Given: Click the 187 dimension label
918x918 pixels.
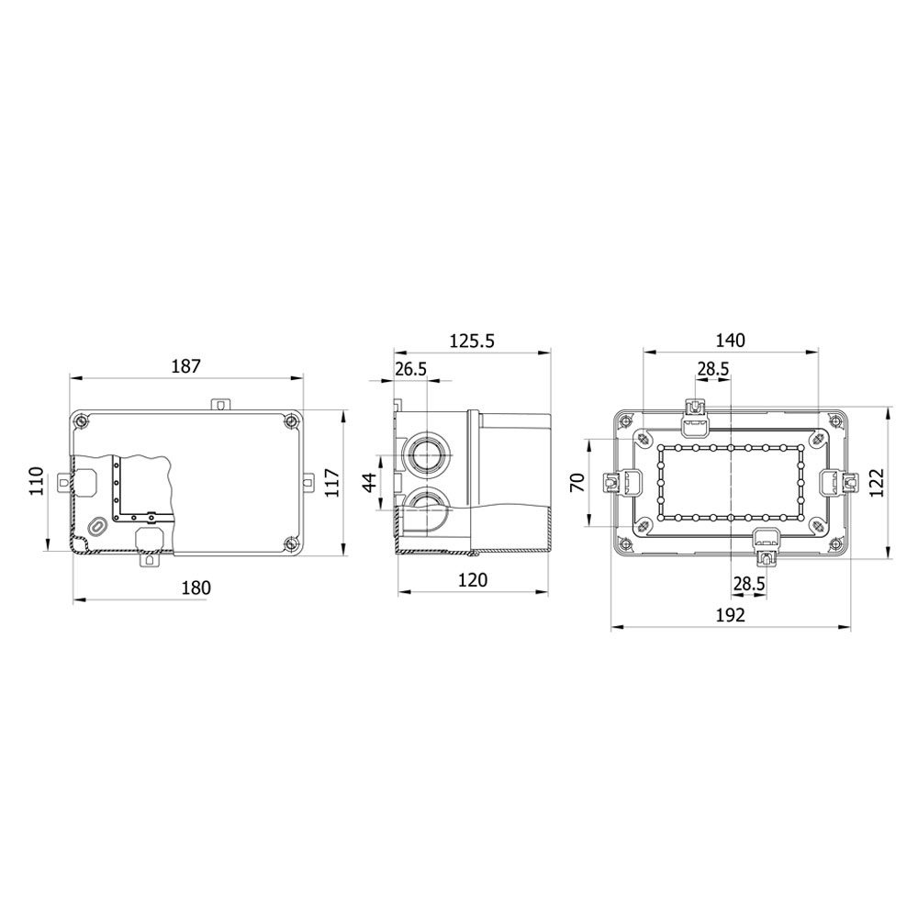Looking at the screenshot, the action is tap(186, 366).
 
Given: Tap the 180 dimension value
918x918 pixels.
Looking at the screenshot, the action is tap(196, 588).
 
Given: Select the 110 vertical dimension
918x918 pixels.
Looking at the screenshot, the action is tap(38, 481).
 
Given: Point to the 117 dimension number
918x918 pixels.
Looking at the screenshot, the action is tap(331, 483).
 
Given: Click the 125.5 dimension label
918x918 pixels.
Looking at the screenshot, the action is tap(472, 341).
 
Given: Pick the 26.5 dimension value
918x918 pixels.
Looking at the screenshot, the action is tap(410, 369).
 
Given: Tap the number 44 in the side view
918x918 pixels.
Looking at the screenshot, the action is tap(370, 483).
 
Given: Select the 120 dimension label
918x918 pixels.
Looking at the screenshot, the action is tap(473, 579).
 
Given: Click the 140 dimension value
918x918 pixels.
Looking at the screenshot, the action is tap(731, 341).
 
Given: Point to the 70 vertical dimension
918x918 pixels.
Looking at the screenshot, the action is tap(577, 483).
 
